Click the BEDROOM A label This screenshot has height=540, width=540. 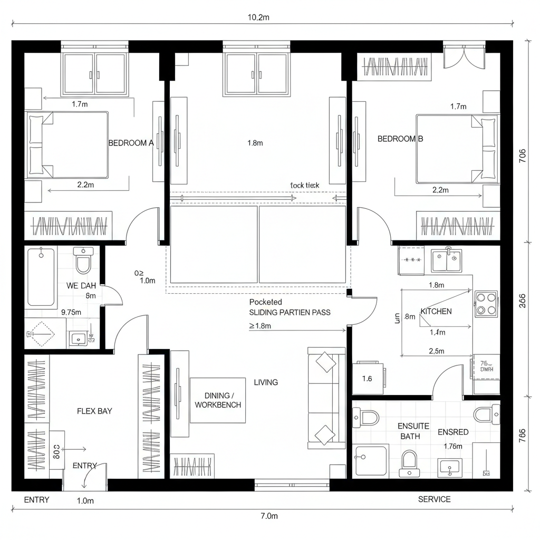[131, 143]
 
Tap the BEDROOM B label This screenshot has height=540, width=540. [400, 139]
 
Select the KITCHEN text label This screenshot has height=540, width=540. [436, 312]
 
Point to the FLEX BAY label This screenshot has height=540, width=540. [94, 411]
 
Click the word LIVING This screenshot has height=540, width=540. [266, 382]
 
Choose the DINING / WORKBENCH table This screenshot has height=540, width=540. [218, 400]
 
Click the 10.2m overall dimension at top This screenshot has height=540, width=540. [258, 17]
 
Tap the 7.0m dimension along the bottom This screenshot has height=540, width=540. [269, 516]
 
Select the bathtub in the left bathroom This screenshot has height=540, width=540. [42, 277]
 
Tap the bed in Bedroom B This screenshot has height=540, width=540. [457, 149]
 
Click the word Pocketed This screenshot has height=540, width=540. [266, 302]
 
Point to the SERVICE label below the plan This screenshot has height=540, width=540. [434, 499]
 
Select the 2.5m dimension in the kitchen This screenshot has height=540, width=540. [436, 351]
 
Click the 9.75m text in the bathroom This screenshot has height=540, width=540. [71, 312]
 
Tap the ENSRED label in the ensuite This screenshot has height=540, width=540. [453, 432]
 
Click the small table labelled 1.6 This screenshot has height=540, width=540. [368, 378]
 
